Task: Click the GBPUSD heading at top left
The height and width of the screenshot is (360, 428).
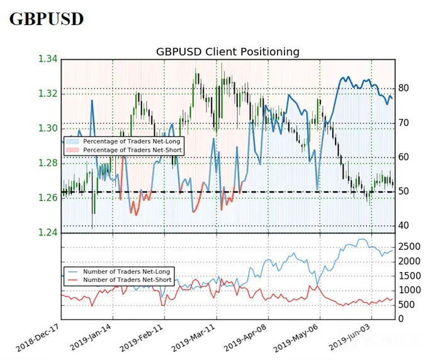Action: [x=47, y=19]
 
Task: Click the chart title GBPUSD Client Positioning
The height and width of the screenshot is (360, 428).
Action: [x=228, y=52]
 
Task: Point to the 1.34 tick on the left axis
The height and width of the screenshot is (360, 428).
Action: [x=48, y=59]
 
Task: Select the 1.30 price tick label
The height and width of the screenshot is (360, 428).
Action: [x=48, y=128]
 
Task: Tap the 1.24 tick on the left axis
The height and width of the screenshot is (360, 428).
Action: [x=48, y=232]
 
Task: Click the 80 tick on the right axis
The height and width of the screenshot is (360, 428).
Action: [x=403, y=88]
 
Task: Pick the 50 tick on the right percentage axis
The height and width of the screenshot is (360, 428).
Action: [x=403, y=191]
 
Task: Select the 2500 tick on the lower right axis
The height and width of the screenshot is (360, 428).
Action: [x=409, y=247]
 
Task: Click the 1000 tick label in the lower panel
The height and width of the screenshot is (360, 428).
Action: [x=409, y=290]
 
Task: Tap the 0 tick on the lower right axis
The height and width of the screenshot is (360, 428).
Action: [x=401, y=319]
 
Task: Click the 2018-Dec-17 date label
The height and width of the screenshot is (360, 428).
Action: [x=37, y=337]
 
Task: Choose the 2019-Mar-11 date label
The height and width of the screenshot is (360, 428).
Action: [x=193, y=337]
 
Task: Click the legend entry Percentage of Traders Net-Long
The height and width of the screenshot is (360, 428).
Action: [x=132, y=142]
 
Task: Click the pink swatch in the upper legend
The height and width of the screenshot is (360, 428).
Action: [x=72, y=150]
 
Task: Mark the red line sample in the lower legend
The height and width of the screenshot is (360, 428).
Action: [x=72, y=280]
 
